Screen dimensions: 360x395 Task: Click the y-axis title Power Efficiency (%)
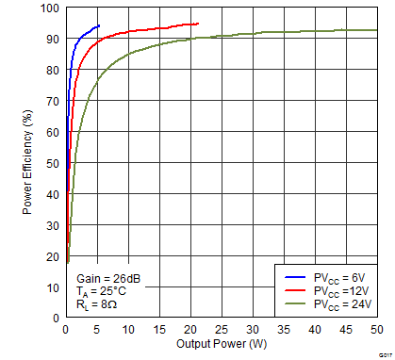(x=27, y=161)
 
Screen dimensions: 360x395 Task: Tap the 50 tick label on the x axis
(x=376, y=330)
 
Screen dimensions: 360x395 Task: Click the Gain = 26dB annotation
(x=106, y=280)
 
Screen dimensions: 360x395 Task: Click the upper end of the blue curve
(x=98, y=25)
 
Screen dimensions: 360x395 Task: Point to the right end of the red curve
(x=198, y=24)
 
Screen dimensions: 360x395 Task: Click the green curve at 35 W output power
(x=283, y=32)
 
